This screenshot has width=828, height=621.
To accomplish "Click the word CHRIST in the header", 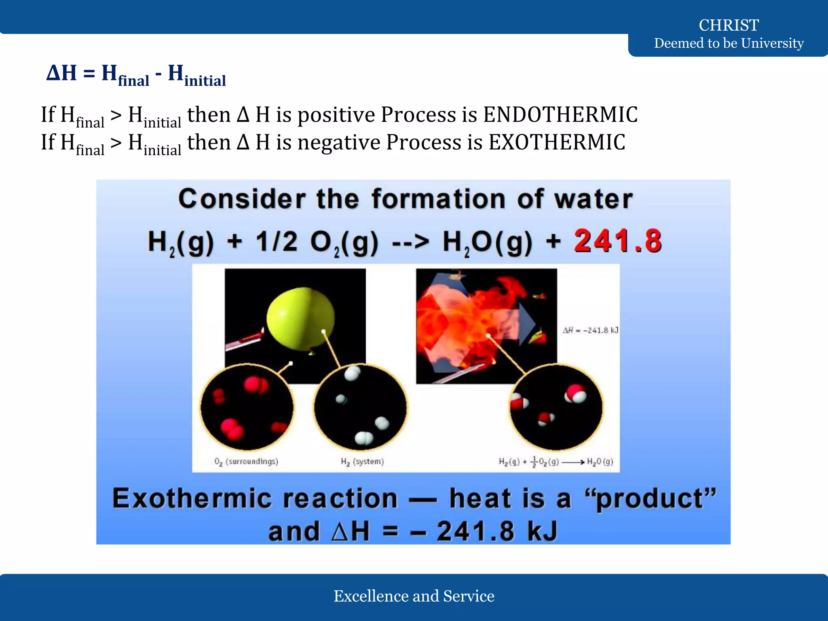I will [729, 25].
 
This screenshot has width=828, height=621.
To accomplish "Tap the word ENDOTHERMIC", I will [560, 115].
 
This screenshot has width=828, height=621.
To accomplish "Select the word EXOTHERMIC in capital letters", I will [557, 142].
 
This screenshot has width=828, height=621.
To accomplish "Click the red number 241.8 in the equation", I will [617, 241].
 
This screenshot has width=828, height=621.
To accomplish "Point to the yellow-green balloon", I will [301, 319].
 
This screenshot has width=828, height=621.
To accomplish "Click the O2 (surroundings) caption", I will [246, 462].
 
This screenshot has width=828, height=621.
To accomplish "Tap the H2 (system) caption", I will [362, 462].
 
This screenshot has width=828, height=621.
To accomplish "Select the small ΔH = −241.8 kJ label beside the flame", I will [590, 330].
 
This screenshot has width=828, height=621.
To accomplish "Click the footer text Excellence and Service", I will [414, 596].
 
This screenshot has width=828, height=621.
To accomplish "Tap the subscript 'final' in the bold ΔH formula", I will [133, 81].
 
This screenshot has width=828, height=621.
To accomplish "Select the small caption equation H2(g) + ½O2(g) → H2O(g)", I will [556, 462].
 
